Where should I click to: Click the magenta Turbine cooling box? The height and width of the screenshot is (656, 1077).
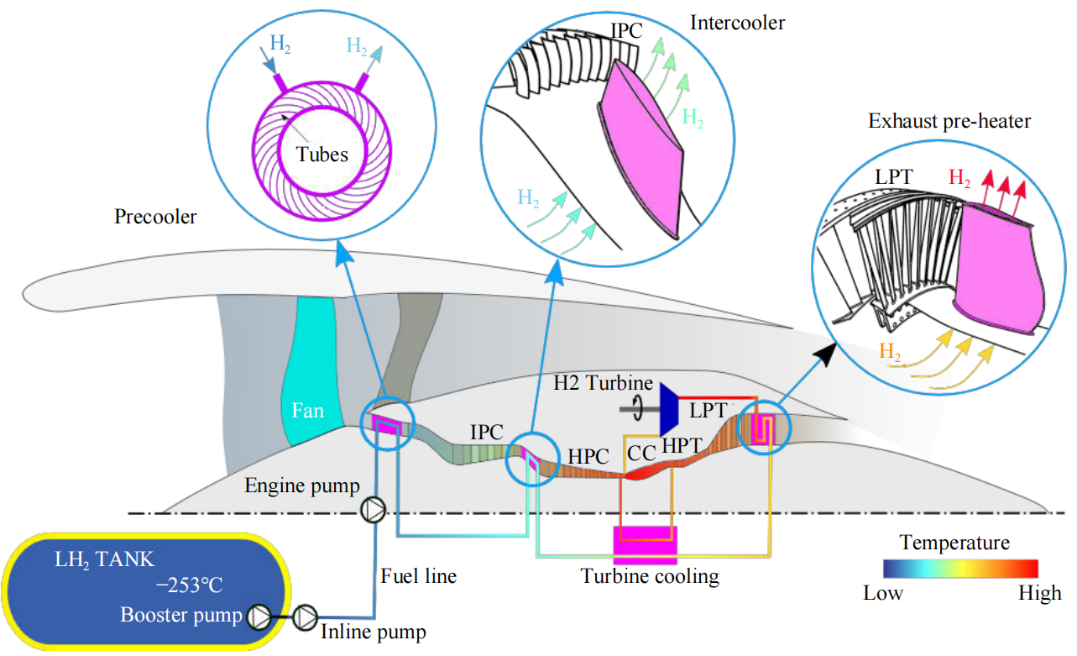645,544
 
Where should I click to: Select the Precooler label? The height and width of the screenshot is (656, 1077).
155,218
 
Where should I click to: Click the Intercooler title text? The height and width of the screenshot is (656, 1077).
738,23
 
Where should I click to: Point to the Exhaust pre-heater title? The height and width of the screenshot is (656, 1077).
949,122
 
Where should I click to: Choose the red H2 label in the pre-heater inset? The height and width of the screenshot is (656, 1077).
961,177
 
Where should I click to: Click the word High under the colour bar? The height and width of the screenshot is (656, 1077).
1039,594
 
